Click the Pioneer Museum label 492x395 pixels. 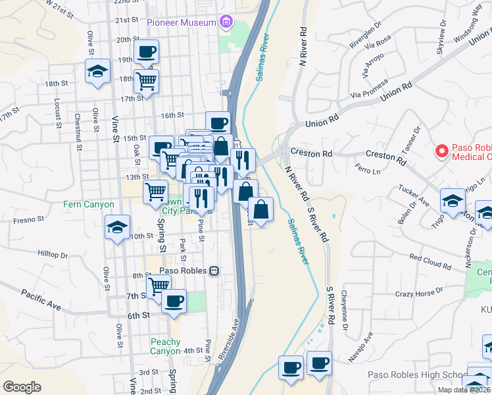tap(182, 22)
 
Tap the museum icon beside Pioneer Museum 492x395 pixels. tap(227, 22)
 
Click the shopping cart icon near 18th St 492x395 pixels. tap(147, 81)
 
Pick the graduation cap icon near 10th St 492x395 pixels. tap(117, 228)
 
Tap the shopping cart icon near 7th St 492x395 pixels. tap(158, 286)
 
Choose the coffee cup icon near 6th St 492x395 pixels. tap(174, 301)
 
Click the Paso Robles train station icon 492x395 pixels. tap(214, 271)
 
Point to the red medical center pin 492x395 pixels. tap(444, 151)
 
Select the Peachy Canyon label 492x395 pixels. tap(165, 346)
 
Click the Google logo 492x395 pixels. tap(22, 387)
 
